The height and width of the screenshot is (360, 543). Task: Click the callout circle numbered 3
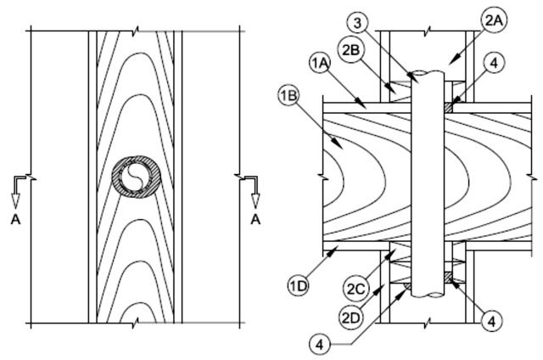point(358,23)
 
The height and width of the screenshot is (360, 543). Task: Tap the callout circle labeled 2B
point(350,50)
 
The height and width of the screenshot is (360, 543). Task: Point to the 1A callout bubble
point(320,63)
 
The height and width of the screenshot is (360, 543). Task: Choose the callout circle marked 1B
point(289,95)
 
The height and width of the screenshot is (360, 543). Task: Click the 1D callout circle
point(299,286)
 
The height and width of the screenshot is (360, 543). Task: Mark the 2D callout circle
point(350,318)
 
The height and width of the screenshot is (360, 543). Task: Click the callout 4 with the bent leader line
point(321,345)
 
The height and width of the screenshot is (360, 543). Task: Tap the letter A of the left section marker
point(15,220)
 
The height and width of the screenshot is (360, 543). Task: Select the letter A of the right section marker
point(255,220)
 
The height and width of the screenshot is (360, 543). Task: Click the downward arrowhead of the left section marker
point(15,201)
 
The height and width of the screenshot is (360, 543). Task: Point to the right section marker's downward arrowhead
point(256,201)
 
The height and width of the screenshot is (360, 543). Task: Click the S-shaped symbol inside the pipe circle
point(136,177)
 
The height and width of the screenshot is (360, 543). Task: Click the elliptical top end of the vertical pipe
point(427,73)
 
